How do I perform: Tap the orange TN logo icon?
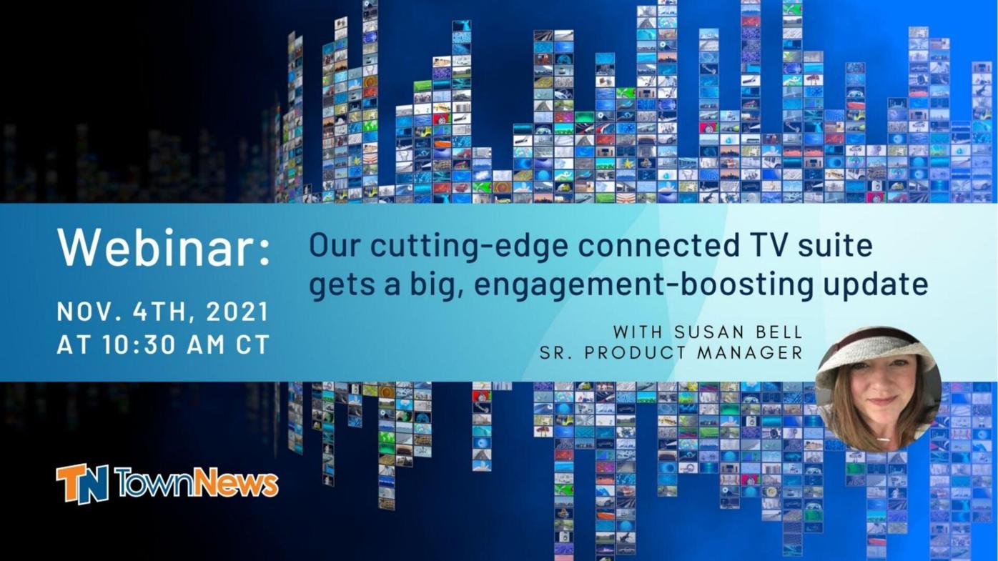pyautogui.click(x=82, y=484)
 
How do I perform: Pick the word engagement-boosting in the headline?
pyautogui.click(x=643, y=284)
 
